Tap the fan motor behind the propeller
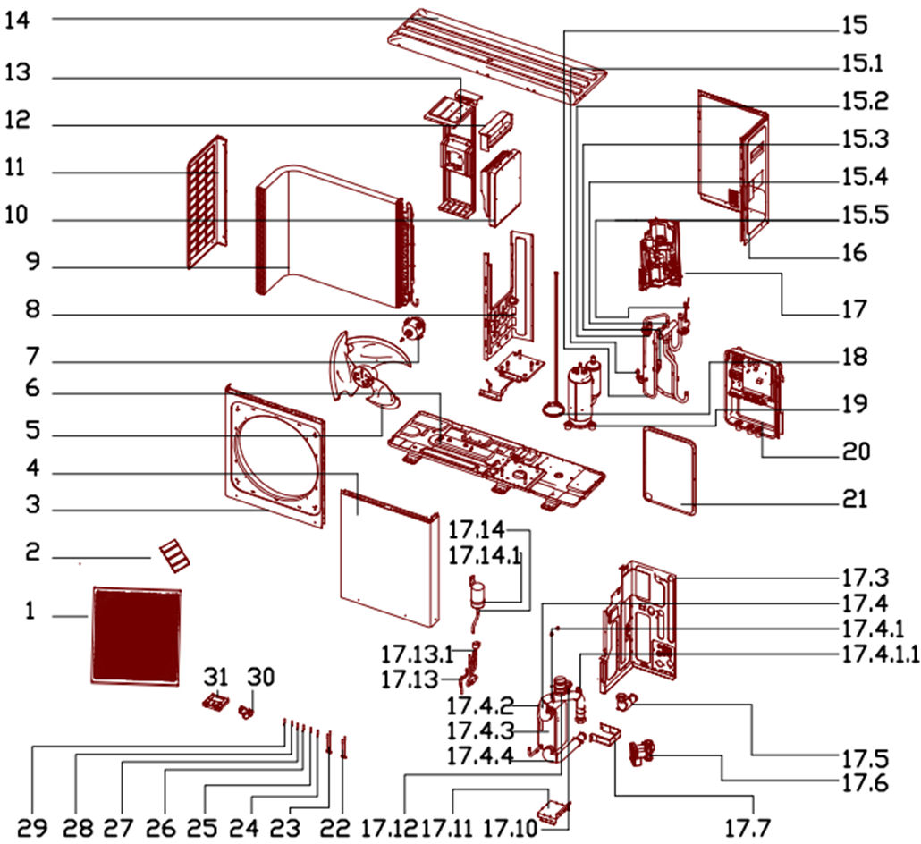[413, 328]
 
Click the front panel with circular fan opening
[274, 456]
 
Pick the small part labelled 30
[244, 712]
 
